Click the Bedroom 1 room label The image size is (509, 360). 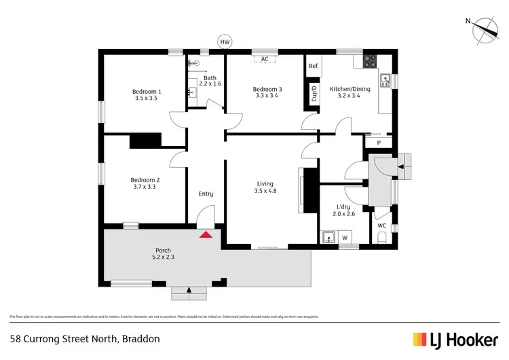pyautogui.click(x=146, y=92)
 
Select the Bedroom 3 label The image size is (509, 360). pyautogui.click(x=267, y=89)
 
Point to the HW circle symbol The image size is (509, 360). pyautogui.click(x=225, y=42)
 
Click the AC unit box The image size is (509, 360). pyautogui.click(x=265, y=59)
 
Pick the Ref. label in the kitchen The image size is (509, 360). pyautogui.click(x=314, y=66)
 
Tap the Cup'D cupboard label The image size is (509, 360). pyautogui.click(x=314, y=93)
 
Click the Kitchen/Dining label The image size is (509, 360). pyautogui.click(x=350, y=89)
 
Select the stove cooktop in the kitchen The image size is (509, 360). pyautogui.click(x=370, y=60)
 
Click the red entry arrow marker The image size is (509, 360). pyautogui.click(x=206, y=234)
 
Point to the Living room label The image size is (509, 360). pyautogui.click(x=265, y=183)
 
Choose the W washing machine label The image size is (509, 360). pyautogui.click(x=345, y=238)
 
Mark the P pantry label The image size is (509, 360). pyautogui.click(x=379, y=143)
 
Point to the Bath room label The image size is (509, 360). pyautogui.click(x=210, y=77)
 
